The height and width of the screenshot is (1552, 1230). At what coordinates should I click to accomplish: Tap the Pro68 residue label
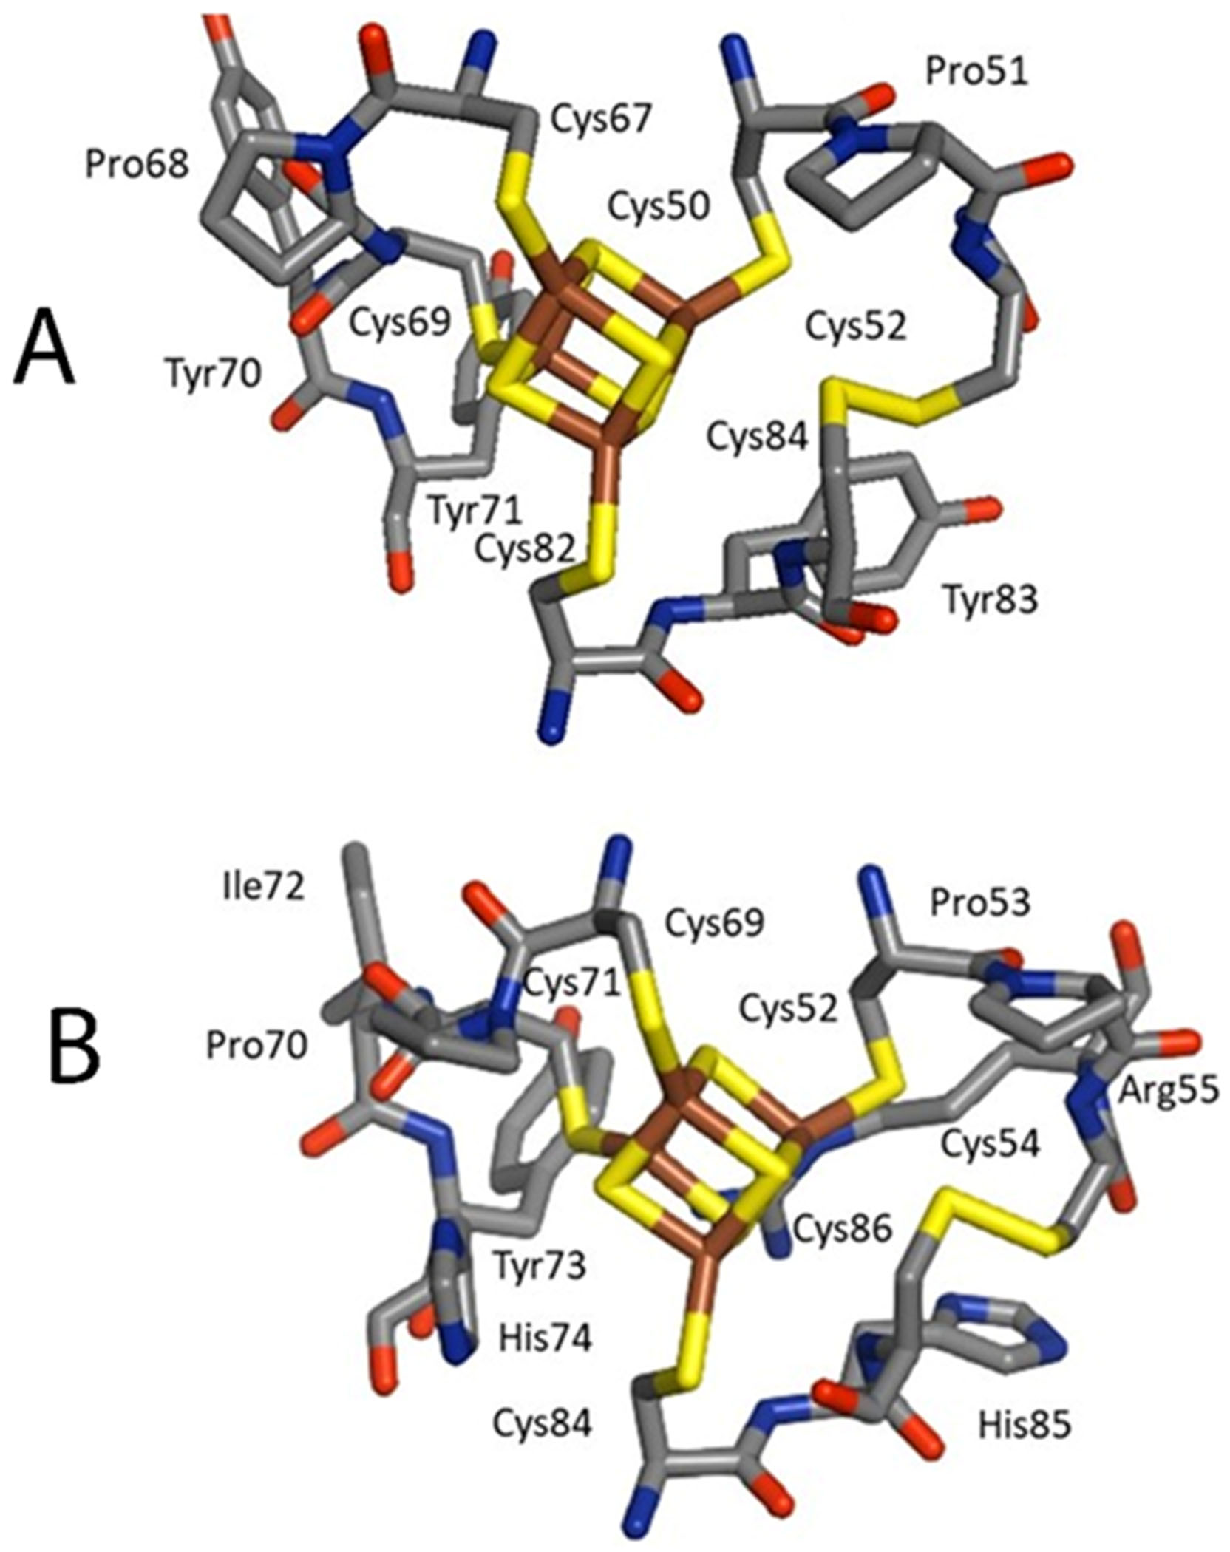click(x=137, y=166)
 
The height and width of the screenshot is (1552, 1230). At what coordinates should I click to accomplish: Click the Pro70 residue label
click(x=256, y=1046)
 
